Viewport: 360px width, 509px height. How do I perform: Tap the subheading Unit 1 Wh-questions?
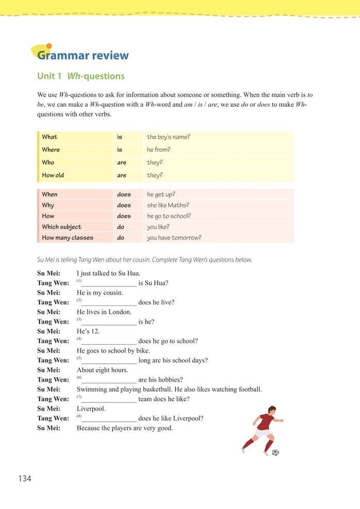[81, 76]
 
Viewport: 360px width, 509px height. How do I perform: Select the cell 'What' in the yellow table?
[50, 137]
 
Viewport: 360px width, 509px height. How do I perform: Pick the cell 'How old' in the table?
[53, 175]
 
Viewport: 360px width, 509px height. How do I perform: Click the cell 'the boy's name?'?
[168, 137]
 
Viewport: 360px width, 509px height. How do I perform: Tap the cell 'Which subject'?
[61, 227]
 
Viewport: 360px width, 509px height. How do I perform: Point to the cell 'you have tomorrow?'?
[174, 238]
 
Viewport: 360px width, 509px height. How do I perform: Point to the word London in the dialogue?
[120, 312]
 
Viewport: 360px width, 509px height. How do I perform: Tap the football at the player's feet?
[275, 452]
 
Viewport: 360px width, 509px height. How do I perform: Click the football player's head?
[271, 410]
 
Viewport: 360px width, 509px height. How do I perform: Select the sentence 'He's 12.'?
[88, 331]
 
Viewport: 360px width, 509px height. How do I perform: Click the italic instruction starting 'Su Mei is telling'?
[145, 260]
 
